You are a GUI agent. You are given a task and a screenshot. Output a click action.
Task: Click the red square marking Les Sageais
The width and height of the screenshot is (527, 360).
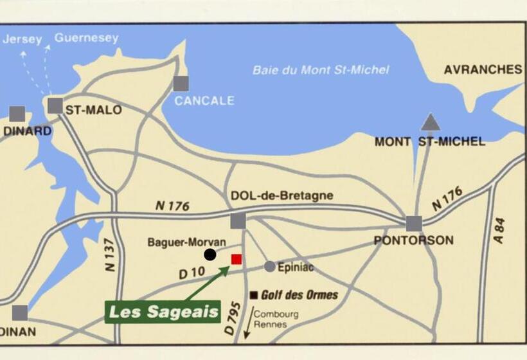(237, 259)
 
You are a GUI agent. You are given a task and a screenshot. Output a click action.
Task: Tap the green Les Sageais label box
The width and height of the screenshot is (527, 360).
(163, 312)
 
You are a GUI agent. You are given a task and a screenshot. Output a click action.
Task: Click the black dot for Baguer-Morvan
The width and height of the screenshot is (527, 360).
(210, 255)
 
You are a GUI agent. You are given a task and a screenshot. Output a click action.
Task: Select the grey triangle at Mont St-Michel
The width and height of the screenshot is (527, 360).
(431, 122)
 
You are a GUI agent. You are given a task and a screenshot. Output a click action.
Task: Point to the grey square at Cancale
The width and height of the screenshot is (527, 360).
(181, 83)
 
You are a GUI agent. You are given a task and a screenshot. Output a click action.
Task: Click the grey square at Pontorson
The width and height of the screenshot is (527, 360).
(414, 224)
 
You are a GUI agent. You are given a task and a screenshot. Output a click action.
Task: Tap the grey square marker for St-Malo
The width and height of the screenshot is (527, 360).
(55, 106)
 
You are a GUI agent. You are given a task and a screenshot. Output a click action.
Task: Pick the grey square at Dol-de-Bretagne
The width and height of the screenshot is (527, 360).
(238, 221)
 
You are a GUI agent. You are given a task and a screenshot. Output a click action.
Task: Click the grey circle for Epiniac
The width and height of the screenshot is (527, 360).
(270, 266)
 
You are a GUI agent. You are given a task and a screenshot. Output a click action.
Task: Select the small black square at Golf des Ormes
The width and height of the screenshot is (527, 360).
(255, 295)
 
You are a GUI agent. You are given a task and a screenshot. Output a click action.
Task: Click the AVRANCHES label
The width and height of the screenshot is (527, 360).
(483, 69)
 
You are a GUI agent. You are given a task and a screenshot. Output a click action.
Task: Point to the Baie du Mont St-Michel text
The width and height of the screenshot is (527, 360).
(321, 69)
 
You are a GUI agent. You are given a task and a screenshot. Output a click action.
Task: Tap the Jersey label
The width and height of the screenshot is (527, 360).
(22, 39)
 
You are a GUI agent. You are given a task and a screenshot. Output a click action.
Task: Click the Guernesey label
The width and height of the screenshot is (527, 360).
(86, 38)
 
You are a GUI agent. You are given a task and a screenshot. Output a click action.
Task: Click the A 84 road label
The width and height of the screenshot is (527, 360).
(499, 230)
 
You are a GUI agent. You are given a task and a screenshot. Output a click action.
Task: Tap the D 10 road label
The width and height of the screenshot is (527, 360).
(192, 273)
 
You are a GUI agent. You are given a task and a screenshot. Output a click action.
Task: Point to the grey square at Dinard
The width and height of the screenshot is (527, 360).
(17, 114)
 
